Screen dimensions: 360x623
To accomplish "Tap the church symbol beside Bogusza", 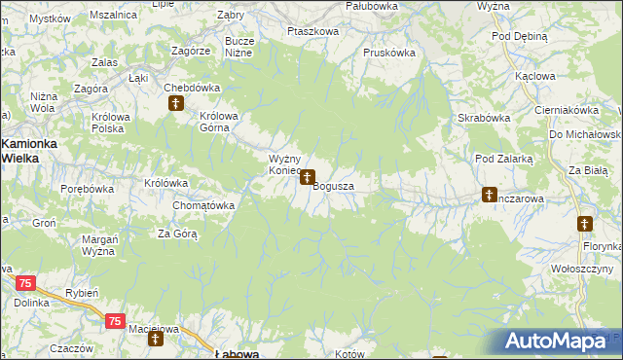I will click(308, 178).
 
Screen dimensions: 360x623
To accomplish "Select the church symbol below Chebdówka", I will click(176, 102).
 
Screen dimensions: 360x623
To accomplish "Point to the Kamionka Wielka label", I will click(30, 149).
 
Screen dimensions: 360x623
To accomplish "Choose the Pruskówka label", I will click(389, 53).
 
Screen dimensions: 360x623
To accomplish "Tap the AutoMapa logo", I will click(553, 342).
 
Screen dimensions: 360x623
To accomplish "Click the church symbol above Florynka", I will click(584, 224).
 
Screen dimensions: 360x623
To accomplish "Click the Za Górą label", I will click(178, 234).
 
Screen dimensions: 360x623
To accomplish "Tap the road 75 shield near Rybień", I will click(115, 321).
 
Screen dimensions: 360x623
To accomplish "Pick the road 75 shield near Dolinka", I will click(25, 283).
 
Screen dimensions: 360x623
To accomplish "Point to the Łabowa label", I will click(237, 354).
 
